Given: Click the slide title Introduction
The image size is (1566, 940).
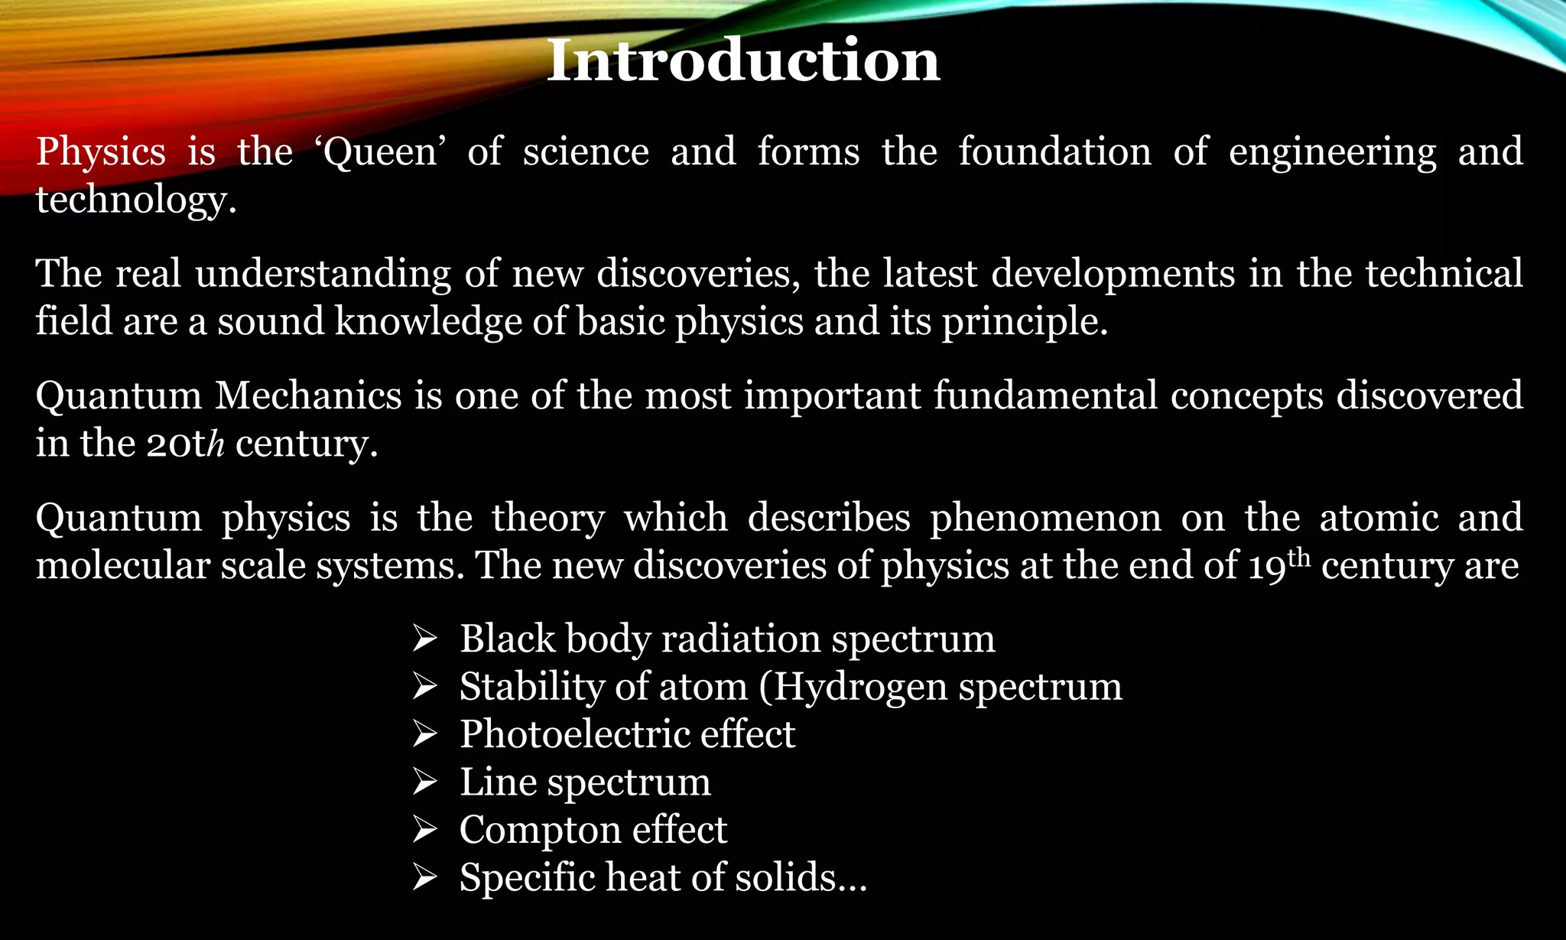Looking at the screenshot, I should tap(743, 60).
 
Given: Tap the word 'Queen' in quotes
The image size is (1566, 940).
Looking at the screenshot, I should tap(381, 152).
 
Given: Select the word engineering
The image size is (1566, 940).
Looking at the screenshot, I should tap(1332, 152).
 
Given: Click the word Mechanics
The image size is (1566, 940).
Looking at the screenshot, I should tap(308, 396).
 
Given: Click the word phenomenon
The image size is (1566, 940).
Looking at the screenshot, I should tap(1045, 518).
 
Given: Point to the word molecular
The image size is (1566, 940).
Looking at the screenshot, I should tap(122, 565).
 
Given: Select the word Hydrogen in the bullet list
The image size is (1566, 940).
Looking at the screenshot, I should tap(860, 686).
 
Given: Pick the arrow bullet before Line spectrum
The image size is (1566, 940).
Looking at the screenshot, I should tap(424, 782).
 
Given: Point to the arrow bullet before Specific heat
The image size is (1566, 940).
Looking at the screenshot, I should tap(424, 877).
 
